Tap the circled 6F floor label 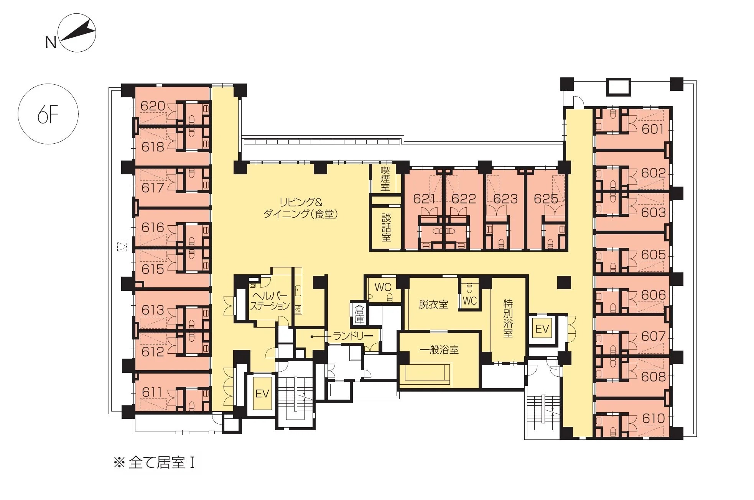click(x=48, y=114)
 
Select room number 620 click(x=153, y=106)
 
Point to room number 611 click(x=152, y=392)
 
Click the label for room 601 click(x=653, y=129)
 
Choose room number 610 click(x=653, y=418)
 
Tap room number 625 click(x=546, y=198)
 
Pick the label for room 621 click(x=424, y=198)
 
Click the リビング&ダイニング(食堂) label click(x=300, y=208)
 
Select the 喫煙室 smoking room click(x=385, y=179)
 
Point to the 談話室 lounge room click(x=386, y=227)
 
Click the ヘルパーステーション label click(x=270, y=301)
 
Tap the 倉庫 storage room click(x=359, y=314)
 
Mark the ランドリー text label click(x=353, y=336)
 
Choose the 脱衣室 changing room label click(x=433, y=305)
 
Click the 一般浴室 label click(x=440, y=350)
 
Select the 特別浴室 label click(x=508, y=319)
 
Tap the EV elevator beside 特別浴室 click(x=542, y=329)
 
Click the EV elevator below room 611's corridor click(x=262, y=393)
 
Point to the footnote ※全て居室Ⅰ click(x=154, y=463)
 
